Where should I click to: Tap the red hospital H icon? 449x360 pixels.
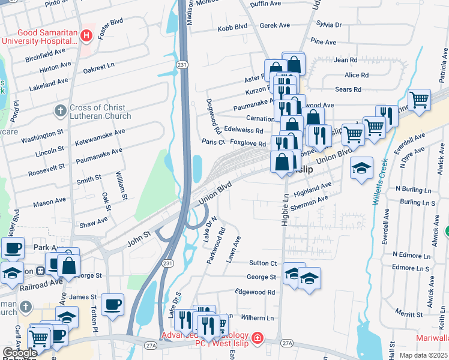86,36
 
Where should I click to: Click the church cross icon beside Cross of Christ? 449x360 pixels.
60,111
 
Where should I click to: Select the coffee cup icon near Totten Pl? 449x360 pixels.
112,305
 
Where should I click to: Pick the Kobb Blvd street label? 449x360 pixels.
232,26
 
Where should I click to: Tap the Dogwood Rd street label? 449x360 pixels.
211,116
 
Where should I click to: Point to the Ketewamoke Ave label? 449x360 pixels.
100,138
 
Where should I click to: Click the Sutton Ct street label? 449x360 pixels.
263,263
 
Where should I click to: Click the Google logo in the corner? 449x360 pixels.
20,353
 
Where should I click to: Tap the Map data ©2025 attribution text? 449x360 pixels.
423,355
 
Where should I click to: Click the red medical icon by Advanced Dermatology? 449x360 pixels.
258,338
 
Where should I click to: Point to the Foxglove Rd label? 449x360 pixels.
247,144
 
